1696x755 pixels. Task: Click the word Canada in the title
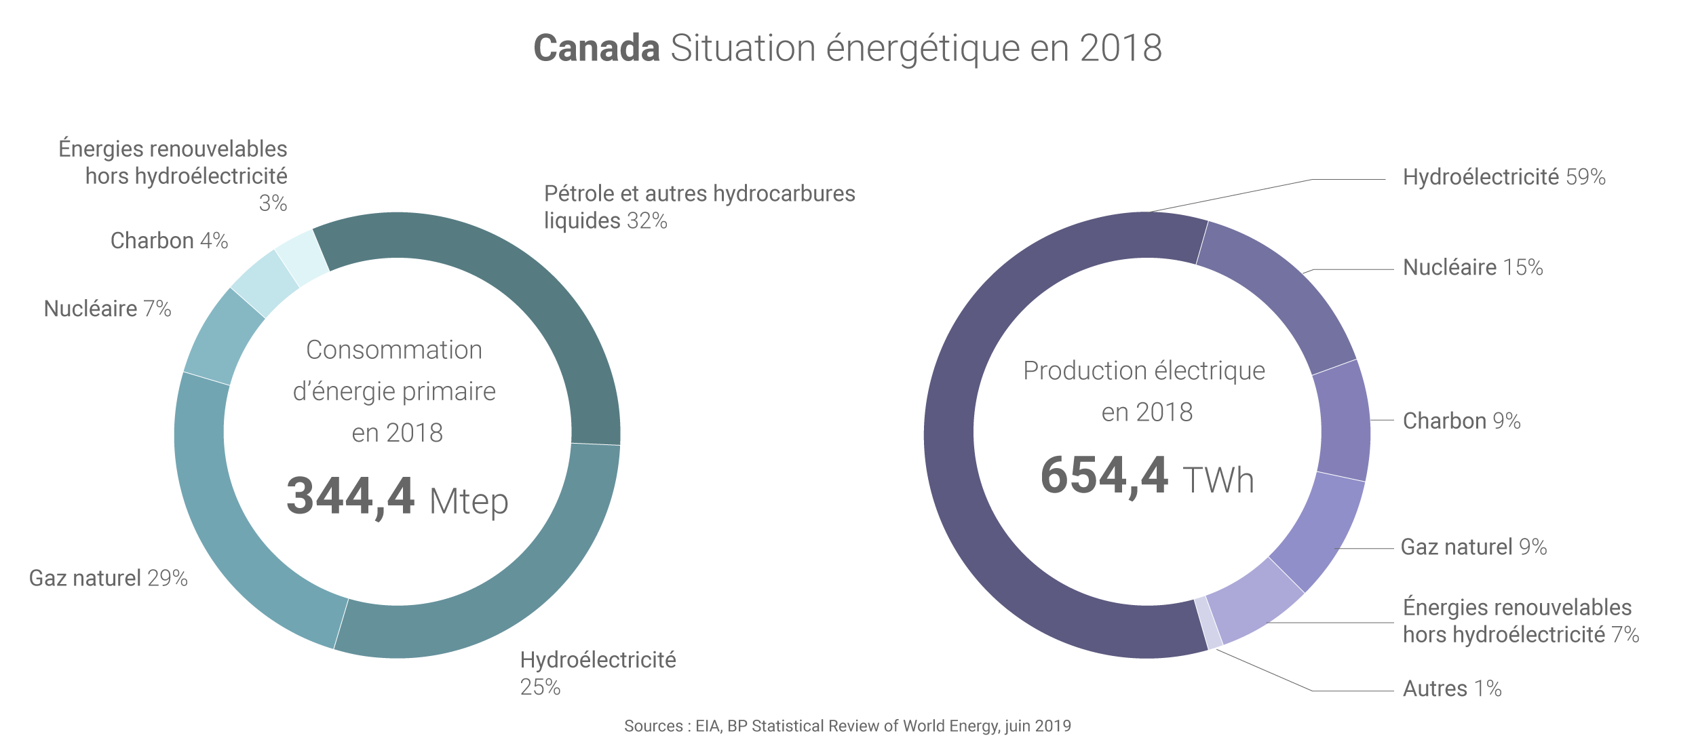(596, 48)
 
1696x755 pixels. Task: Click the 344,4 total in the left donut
(350, 497)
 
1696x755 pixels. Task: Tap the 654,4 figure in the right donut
(1104, 476)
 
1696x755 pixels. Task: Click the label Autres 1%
(1452, 689)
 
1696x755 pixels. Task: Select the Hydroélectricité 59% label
(1503, 178)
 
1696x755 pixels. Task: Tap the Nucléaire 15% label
(1472, 268)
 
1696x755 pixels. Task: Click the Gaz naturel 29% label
(108, 579)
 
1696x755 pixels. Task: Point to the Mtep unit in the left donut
(469, 502)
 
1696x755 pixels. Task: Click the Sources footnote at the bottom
(847, 727)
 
